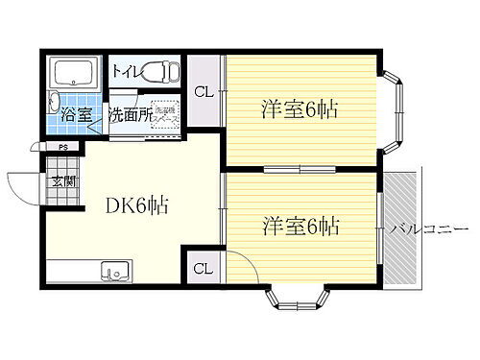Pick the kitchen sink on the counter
[113, 272]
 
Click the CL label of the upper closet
[203, 93]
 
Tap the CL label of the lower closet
[203, 268]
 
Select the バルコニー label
[428, 229]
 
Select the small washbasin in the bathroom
[55, 106]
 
